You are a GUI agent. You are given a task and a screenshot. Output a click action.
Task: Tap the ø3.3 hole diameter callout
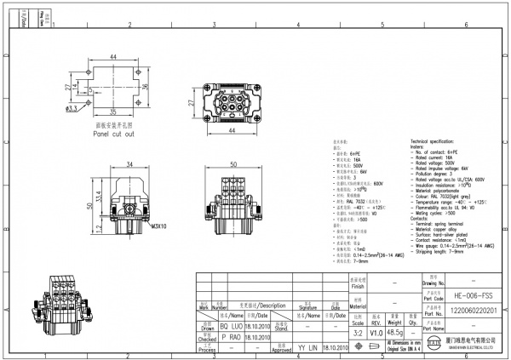click(71, 109)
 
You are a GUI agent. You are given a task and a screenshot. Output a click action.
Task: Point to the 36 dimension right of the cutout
click(146, 85)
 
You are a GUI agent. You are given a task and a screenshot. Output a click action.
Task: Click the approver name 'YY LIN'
click(307, 348)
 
